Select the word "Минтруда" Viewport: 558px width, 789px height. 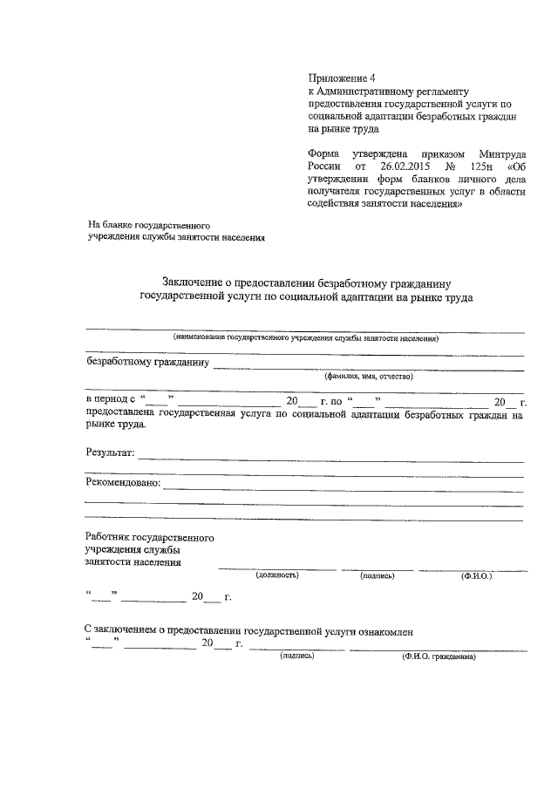point(499,150)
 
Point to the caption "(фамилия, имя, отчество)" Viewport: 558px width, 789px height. point(368,376)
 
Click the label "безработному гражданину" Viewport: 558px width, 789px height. point(146,361)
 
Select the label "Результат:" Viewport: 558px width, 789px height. point(110,452)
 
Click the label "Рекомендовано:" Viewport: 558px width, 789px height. point(123,483)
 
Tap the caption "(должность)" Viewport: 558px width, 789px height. point(277,575)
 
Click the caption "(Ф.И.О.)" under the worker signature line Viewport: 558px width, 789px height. point(477,575)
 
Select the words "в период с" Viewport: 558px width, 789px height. point(112,401)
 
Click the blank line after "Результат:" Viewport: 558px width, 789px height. point(331,458)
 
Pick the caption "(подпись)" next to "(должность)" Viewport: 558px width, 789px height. point(378,575)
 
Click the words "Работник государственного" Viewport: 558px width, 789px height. point(149,538)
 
